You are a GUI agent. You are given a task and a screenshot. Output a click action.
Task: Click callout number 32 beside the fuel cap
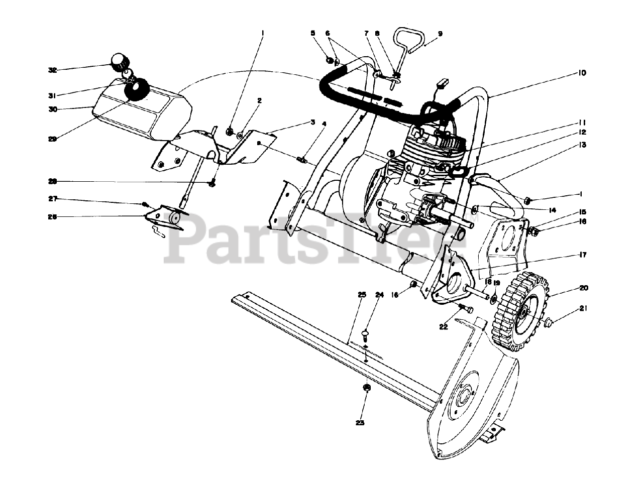[52, 70]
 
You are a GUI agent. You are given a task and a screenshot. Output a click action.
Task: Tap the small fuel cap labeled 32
[120, 62]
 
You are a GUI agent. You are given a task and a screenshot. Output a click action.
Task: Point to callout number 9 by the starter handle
[440, 34]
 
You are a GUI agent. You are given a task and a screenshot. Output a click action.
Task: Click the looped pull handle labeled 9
[409, 40]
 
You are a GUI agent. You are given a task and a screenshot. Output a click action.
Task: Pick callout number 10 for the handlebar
[582, 73]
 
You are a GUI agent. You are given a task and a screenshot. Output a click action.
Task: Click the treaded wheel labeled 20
[520, 311]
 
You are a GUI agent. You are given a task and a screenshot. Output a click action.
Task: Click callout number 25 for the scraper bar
[361, 294]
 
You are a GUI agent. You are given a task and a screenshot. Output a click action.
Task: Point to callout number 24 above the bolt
[379, 294]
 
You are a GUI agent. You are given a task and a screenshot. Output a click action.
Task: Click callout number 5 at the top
[313, 33]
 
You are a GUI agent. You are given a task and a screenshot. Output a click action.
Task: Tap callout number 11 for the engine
[582, 122]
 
